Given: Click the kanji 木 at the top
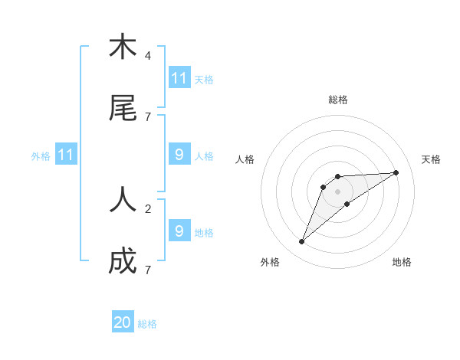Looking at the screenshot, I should [123, 47].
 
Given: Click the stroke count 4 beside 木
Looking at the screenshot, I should [148, 56].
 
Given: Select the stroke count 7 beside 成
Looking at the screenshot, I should [148, 270].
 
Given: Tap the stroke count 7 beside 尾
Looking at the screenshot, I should [148, 116].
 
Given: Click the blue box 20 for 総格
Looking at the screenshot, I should [123, 322].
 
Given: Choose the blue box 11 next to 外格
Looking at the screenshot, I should [66, 155].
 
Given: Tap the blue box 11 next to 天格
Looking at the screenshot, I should [179, 78].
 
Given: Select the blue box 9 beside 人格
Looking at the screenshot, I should [179, 155].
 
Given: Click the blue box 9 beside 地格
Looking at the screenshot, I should [179, 231].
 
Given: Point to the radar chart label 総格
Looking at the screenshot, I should [338, 100].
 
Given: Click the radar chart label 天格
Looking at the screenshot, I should [432, 159].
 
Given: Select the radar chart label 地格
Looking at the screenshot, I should [402, 262].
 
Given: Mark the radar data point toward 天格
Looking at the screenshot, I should [396, 172].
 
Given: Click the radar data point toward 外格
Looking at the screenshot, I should [302, 242].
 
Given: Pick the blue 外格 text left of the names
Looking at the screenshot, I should [41, 155].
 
